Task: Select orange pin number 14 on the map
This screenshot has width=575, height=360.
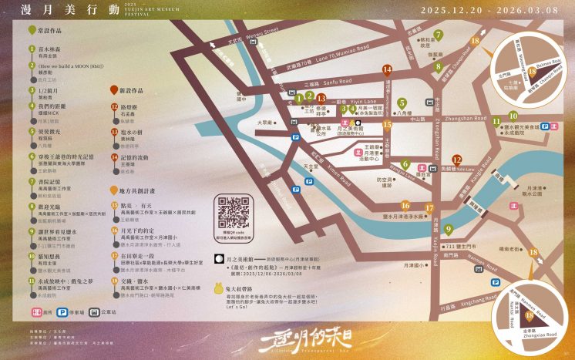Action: point(388,69)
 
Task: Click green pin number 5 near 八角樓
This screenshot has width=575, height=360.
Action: point(401,103)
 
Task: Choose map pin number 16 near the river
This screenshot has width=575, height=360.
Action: point(405,206)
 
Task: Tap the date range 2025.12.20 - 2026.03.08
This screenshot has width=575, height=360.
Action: point(486,10)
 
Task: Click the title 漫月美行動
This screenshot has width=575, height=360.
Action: point(56,10)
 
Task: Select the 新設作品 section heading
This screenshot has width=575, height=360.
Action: point(133,89)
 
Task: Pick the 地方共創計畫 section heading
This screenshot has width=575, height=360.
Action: point(138,188)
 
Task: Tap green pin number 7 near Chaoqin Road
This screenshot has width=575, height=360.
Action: point(438,35)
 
